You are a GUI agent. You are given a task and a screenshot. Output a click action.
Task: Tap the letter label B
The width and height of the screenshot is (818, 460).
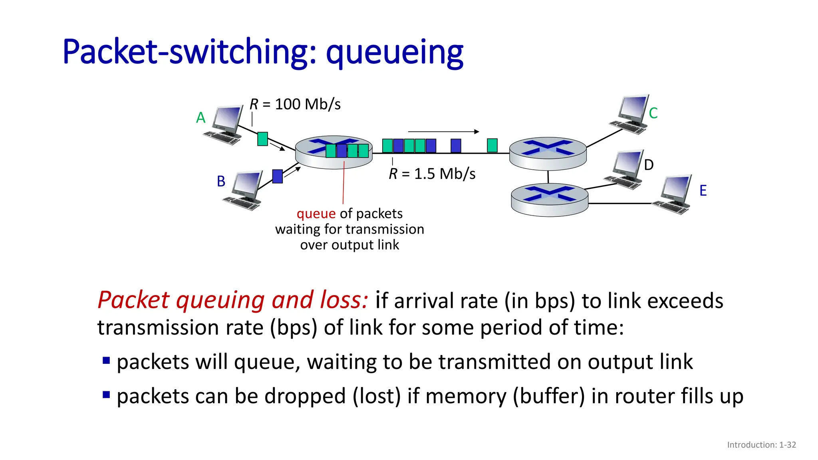pos(221,181)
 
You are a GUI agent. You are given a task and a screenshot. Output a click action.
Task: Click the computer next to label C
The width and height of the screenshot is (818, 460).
pos(631,114)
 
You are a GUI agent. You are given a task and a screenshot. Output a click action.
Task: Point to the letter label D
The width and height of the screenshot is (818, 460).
pos(649,165)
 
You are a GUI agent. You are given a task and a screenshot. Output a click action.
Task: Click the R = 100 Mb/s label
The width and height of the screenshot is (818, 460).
pos(295,105)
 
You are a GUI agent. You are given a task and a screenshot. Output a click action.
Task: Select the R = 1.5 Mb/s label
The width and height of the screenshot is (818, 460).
pos(432,174)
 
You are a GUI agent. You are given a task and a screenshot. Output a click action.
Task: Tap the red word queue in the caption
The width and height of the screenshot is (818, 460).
pos(316,214)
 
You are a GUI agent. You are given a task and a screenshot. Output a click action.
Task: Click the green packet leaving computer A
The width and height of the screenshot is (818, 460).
pos(262,139)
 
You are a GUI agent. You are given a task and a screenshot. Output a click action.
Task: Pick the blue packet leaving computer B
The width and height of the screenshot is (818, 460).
pos(277,176)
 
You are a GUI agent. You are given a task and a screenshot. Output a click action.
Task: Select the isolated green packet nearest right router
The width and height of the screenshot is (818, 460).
pos(492,145)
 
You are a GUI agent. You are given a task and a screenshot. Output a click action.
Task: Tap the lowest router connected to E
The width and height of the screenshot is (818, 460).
pos(550,200)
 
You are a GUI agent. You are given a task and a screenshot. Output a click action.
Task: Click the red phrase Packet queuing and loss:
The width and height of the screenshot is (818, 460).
pos(232,300)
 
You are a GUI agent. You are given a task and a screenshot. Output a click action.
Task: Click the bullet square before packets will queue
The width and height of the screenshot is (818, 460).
pos(106,361)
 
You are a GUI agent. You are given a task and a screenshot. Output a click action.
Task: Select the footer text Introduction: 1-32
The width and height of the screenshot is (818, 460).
pos(761,445)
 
